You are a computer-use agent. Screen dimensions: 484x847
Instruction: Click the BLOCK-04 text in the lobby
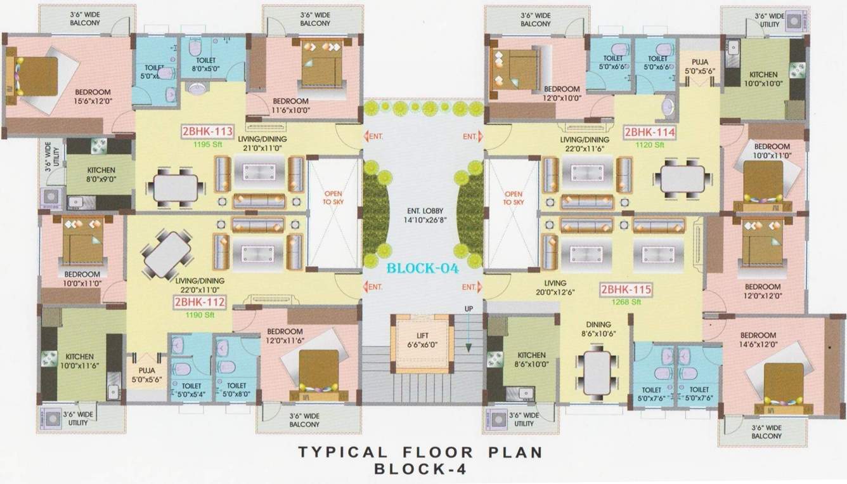tap(423, 268)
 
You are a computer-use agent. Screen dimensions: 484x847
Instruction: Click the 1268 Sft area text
tap(626, 303)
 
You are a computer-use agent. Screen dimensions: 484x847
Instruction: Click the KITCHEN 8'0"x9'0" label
tap(101, 174)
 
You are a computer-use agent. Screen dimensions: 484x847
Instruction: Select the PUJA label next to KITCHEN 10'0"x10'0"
tap(700, 67)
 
